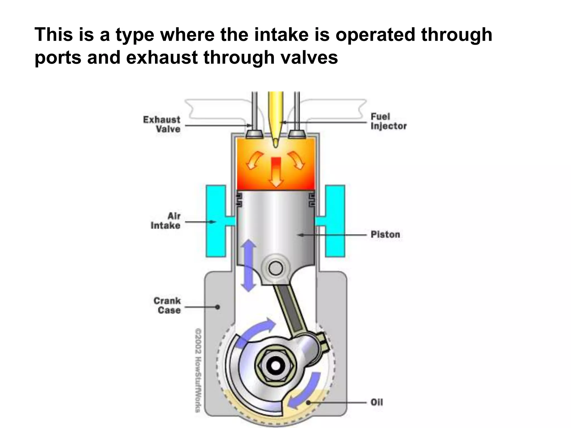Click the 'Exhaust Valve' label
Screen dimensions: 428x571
(162, 124)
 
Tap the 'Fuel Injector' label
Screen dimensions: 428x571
(388, 121)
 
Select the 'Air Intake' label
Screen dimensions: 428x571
(166, 221)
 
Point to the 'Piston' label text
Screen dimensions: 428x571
(385, 235)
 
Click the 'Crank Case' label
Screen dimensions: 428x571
(167, 305)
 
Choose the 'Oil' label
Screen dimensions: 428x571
(377, 402)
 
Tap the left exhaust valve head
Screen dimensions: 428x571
(254, 134)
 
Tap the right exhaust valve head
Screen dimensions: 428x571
(297, 134)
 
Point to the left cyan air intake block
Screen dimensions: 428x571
(216, 221)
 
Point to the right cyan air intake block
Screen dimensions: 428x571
(335, 221)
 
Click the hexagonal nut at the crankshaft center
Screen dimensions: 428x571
(275, 366)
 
